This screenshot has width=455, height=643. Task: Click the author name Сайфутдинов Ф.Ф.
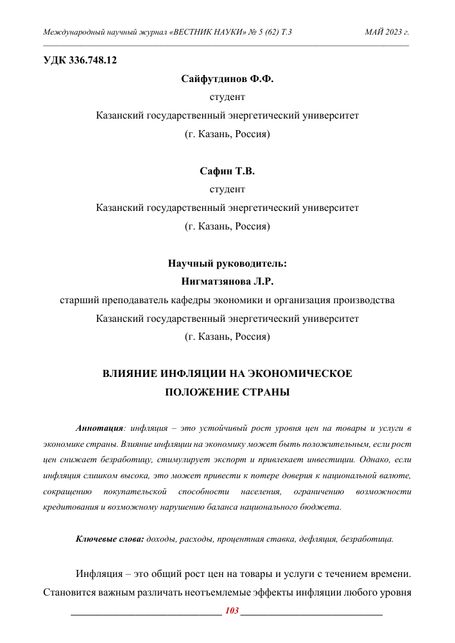tap(227, 79)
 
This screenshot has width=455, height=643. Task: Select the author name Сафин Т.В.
tap(227, 171)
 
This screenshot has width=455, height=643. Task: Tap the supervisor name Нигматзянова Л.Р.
tap(227, 281)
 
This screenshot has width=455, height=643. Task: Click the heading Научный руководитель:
tap(227, 263)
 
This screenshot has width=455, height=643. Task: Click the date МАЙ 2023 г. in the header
tap(386, 31)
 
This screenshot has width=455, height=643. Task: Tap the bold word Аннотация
tap(99, 428)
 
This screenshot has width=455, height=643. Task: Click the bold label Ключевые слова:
tap(110, 539)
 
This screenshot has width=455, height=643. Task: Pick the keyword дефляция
tap(318, 539)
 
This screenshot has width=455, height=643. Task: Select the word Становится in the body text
tap(69, 590)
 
